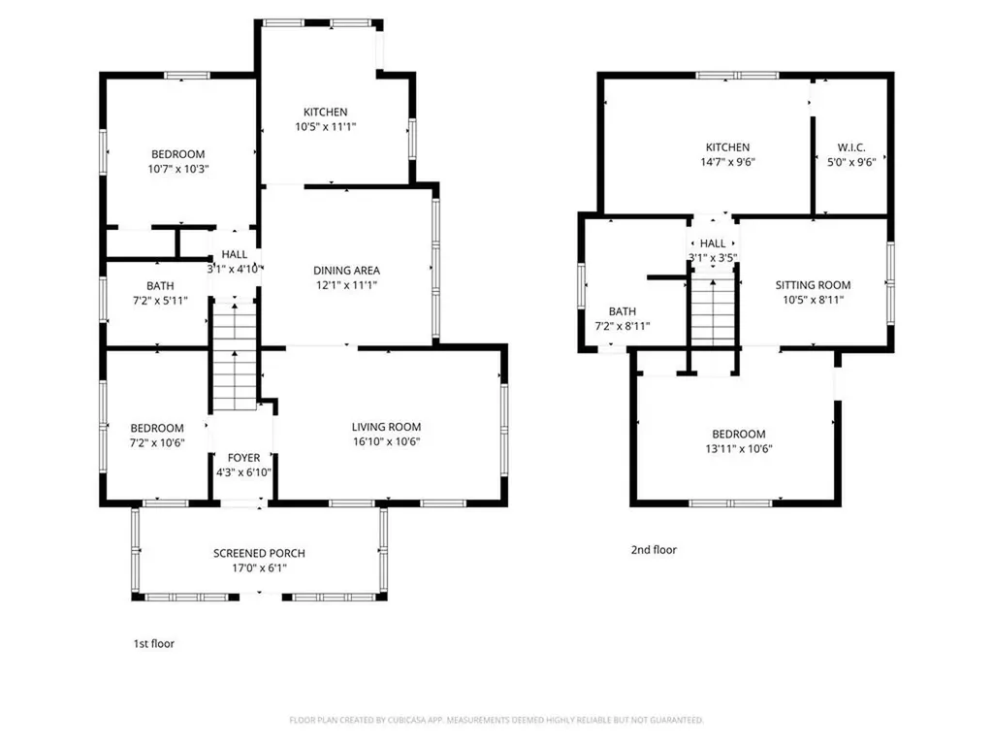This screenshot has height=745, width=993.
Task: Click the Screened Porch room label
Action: click(x=259, y=553)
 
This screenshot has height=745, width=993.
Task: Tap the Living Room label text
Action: click(x=386, y=427)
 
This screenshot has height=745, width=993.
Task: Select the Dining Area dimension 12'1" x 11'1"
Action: click(x=346, y=285)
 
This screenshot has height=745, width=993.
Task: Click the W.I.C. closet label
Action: click(x=851, y=147)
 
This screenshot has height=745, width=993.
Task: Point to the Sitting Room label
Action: click(x=813, y=285)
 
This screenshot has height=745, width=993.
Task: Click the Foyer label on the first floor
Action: click(x=243, y=458)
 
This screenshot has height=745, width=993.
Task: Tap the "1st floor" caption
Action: click(x=153, y=644)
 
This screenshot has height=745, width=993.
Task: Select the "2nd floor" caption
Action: click(x=654, y=550)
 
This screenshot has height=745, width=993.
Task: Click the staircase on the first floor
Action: click(x=235, y=357)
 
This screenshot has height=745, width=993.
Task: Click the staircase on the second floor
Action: click(x=713, y=311)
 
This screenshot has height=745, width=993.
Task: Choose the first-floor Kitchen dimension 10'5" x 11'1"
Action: click(x=326, y=127)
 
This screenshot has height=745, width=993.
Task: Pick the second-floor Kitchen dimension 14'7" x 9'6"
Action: click(x=727, y=162)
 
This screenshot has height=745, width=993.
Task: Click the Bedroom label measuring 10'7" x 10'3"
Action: click(x=178, y=154)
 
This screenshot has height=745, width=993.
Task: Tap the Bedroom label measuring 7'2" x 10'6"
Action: click(x=157, y=428)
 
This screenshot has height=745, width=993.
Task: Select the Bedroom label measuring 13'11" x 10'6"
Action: click(x=738, y=434)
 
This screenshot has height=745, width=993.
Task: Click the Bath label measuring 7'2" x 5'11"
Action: click(x=160, y=286)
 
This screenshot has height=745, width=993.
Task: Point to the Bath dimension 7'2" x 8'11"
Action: click(x=622, y=326)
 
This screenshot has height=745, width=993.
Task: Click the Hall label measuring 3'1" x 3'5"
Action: click(x=713, y=243)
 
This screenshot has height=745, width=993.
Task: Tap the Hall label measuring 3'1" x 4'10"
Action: click(x=234, y=254)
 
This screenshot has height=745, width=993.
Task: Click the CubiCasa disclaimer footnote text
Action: click(x=496, y=720)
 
